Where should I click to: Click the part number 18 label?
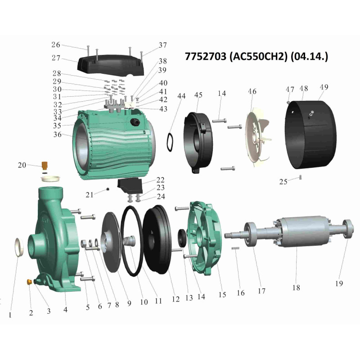click(296, 288)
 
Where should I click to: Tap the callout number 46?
click(252, 91)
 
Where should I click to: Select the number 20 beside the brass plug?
click(22, 165)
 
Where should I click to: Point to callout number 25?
click(283, 182)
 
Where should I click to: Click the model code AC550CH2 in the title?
click(258, 56)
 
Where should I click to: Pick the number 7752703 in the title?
click(206, 56)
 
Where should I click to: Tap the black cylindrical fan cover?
click(310, 135)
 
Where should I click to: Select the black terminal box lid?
click(111, 65)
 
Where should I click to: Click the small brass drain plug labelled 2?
click(29, 282)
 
